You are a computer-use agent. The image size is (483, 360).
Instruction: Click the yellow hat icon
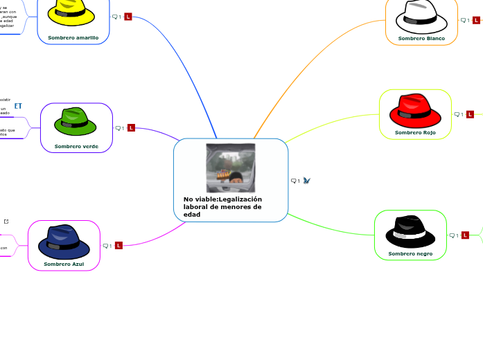click(x=71, y=12)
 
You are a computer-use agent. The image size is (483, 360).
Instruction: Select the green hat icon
click(x=76, y=122)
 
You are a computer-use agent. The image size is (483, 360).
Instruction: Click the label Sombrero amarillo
click(x=73, y=37)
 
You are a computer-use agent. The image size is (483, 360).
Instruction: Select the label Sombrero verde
click(x=76, y=146)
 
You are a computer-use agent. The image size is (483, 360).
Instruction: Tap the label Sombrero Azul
click(x=64, y=264)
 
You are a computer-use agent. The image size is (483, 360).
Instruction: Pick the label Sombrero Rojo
click(x=415, y=132)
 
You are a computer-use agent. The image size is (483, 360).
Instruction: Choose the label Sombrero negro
click(x=410, y=254)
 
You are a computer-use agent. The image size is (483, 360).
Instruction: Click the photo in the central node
click(x=231, y=168)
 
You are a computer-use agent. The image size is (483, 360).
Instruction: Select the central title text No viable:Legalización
click(x=222, y=199)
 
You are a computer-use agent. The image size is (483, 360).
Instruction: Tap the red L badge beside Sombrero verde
click(x=131, y=128)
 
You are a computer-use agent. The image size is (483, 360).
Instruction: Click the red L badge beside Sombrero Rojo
click(x=470, y=114)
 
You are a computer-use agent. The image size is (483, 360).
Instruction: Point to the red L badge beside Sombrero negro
click(x=465, y=235)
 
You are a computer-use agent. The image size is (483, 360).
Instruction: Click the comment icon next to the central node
click(x=294, y=181)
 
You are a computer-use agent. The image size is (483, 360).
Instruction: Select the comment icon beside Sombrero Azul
click(x=105, y=246)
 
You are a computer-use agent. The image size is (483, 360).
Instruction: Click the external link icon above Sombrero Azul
click(x=6, y=222)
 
